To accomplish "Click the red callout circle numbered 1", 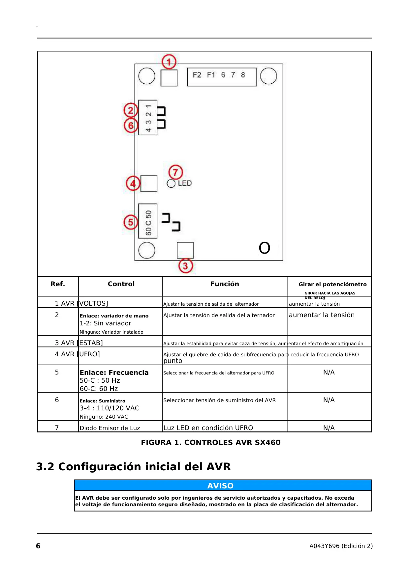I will [x=169, y=62].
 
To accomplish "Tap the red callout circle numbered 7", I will [x=175, y=172].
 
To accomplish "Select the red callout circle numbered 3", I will [x=185, y=266].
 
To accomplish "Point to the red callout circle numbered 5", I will [x=131, y=222].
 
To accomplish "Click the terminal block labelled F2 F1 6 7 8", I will [x=222, y=77].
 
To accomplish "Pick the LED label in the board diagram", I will [x=185, y=183].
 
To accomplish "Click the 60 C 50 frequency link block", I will [x=148, y=221].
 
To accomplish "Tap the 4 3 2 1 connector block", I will [x=148, y=118].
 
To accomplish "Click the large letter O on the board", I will [x=265, y=248].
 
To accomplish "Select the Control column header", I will [x=121, y=284].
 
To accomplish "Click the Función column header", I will [x=225, y=284].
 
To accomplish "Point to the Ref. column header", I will [x=58, y=284].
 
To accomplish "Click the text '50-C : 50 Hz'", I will [x=100, y=380].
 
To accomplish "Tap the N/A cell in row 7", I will [x=329, y=428].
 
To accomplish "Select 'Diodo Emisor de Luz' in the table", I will [x=110, y=428].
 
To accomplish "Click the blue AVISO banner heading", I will [x=220, y=485].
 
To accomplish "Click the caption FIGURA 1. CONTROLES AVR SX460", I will [x=210, y=442].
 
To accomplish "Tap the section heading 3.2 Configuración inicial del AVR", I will [x=133, y=466].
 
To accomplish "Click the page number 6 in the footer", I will [x=38, y=546].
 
